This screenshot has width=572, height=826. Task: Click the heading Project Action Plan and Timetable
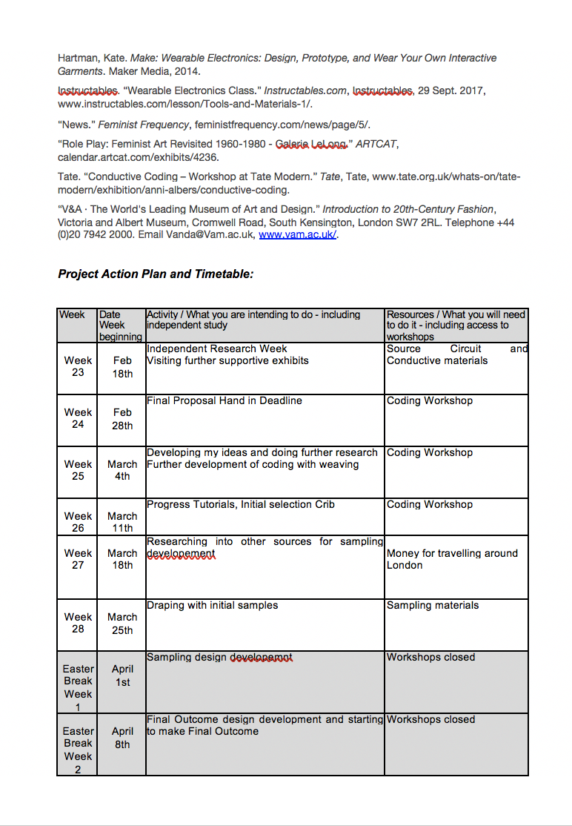[156, 274]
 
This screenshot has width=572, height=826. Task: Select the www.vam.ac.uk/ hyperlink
[297, 235]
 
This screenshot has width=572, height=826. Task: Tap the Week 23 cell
[78, 366]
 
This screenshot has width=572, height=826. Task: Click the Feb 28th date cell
[122, 419]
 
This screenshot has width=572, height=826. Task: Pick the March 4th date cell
[122, 471]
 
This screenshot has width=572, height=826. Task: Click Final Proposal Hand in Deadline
[225, 401]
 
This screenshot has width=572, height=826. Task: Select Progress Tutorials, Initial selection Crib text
[241, 505]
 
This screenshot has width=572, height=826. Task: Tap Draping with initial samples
[213, 606]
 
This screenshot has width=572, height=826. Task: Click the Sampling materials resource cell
[433, 606]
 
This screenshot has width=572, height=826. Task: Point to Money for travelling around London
[452, 559]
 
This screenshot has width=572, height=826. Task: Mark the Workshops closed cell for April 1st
[430, 658]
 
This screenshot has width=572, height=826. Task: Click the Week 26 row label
[78, 522]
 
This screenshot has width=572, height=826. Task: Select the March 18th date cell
[122, 559]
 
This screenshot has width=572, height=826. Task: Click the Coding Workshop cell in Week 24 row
[430, 401]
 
